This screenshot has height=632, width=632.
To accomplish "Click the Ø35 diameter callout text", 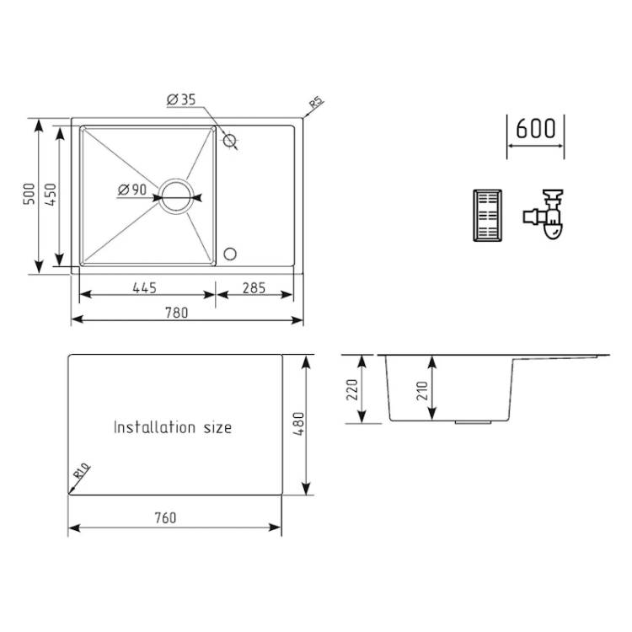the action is [x=181, y=99].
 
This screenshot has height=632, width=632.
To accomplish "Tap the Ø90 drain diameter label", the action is [x=132, y=189].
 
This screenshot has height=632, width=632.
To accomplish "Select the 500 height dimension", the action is [x=29, y=194].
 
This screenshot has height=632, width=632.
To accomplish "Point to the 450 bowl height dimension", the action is [x=51, y=195].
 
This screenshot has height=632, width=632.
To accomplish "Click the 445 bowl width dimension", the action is [x=144, y=288].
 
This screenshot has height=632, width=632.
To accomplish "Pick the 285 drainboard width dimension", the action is [x=254, y=288].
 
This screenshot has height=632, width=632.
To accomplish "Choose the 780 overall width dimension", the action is [x=177, y=313].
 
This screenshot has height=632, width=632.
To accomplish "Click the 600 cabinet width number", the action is [x=536, y=129].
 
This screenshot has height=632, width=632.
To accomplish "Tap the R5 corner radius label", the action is [x=316, y=102].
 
